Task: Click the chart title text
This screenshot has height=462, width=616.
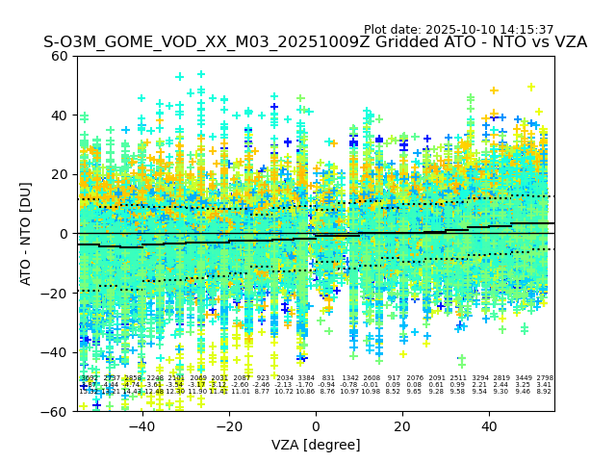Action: tap(315, 42)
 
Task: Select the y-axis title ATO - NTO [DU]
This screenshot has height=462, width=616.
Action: tap(27, 233)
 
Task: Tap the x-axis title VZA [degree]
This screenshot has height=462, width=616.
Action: tap(316, 445)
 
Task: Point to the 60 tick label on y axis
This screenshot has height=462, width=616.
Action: tap(60, 56)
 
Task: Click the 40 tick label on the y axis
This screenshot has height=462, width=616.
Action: tap(60, 115)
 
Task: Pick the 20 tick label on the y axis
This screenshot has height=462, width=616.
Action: tap(60, 174)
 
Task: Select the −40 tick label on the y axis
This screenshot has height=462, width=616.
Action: tap(55, 352)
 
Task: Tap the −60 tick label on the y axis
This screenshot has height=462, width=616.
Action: tap(55, 412)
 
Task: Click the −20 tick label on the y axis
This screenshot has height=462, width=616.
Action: tap(55, 293)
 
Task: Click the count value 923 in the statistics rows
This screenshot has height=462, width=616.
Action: tap(263, 378)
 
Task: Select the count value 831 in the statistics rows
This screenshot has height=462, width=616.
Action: tap(328, 378)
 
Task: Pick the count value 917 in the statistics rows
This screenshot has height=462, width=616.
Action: tap(393, 378)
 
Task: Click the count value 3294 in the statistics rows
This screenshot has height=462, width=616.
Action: tap(479, 378)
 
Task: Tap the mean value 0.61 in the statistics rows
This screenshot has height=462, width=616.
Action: tap(436, 385)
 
